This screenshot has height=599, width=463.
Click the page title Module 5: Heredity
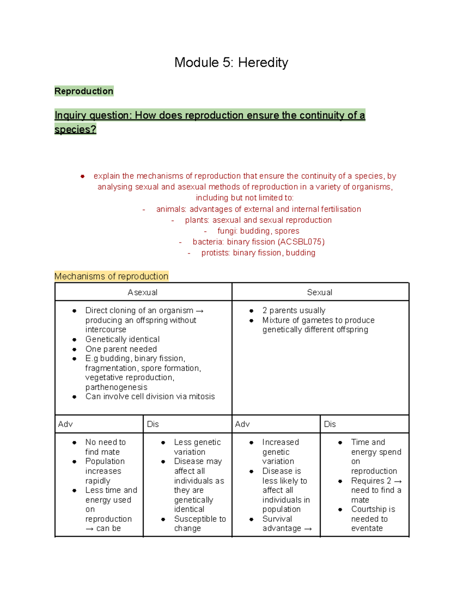(x=231, y=62)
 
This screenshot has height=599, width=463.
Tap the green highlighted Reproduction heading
(x=84, y=91)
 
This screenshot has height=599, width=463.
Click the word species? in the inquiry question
(x=75, y=129)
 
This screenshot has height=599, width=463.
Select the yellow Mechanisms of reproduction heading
(x=111, y=276)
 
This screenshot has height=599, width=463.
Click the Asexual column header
(x=142, y=292)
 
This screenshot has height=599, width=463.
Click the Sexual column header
(x=319, y=292)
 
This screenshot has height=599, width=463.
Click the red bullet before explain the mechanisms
(x=82, y=176)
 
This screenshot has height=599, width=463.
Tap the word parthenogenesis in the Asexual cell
(x=116, y=387)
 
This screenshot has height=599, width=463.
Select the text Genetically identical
(x=122, y=339)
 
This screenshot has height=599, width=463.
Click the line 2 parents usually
(x=294, y=310)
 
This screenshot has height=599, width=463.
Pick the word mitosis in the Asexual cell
(x=202, y=397)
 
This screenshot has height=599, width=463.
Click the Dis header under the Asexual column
(x=153, y=424)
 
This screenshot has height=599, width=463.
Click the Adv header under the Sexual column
(x=242, y=424)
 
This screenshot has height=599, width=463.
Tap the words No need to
(x=105, y=442)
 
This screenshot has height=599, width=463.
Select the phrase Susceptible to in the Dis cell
(x=200, y=519)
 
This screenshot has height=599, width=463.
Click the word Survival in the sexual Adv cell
(x=277, y=519)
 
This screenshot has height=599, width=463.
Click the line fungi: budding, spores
(x=258, y=231)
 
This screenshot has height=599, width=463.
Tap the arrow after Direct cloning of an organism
(x=199, y=311)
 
